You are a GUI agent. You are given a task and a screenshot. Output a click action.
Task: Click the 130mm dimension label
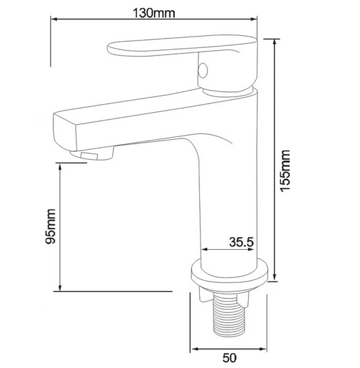pos(154,13)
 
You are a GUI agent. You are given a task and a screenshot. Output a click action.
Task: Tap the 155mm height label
pos(286,171)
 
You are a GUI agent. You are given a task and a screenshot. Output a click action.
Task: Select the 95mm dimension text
pos(51,226)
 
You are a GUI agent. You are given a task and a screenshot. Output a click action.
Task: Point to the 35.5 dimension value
pos(241,242)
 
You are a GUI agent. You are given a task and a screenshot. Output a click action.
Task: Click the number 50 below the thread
pos(230,358)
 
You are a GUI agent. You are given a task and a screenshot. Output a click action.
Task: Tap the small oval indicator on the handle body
pos(203,70)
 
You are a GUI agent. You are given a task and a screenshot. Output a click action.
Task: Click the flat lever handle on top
pos(182,46)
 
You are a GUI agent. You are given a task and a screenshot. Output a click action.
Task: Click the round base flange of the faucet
pos(230,273)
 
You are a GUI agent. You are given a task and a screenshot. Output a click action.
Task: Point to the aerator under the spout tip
pos(93,154)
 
